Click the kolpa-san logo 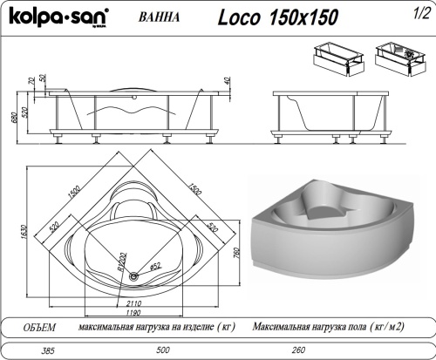pos(55,16)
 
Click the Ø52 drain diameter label pos(158,267)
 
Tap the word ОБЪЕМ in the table pos(37,327)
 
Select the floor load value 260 pos(298,350)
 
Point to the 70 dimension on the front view pos(31,81)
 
